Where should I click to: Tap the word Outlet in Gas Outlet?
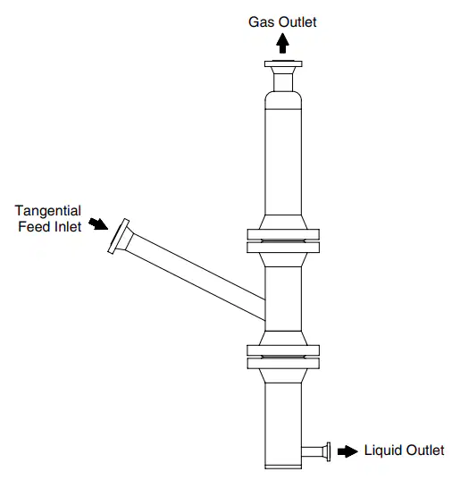(x=297, y=22)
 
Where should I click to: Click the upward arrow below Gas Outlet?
(x=282, y=43)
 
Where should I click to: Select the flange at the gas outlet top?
(x=283, y=64)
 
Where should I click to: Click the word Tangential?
(x=48, y=211)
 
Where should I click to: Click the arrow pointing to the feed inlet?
(x=98, y=223)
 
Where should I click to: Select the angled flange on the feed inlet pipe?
(x=119, y=236)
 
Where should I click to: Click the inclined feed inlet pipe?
(x=196, y=277)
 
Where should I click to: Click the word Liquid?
(x=382, y=451)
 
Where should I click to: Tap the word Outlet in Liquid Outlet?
(x=425, y=451)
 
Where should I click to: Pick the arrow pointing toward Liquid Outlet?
(x=347, y=451)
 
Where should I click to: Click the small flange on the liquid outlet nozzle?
(x=328, y=451)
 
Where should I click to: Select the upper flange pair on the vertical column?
(x=283, y=241)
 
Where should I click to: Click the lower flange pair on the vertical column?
(x=283, y=357)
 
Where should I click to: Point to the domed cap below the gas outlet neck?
(x=283, y=100)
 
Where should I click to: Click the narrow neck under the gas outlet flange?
(x=283, y=81)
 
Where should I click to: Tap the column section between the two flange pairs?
(x=283, y=299)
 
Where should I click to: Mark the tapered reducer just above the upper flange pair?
(x=283, y=222)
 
